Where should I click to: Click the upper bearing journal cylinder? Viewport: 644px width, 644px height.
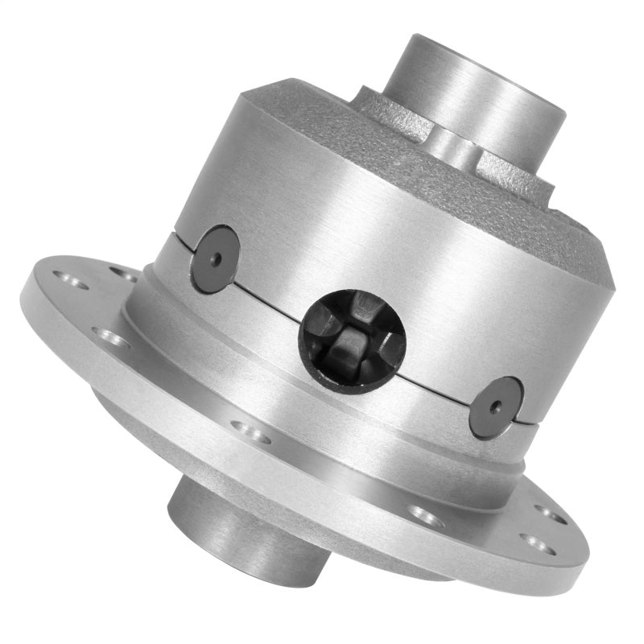[x=475, y=89]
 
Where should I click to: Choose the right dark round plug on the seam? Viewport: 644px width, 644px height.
[x=495, y=407]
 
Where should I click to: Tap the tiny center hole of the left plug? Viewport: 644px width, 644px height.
[x=216, y=258]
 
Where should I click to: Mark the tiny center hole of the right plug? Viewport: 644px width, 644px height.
[x=496, y=407]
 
